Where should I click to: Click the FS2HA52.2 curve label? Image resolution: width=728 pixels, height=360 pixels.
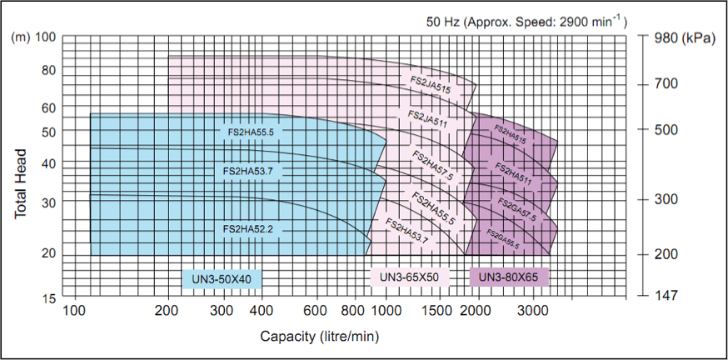pos(249,228)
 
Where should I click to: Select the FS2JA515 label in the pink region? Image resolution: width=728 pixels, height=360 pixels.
pos(431,85)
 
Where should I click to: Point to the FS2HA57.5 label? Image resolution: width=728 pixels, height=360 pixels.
pos(433,166)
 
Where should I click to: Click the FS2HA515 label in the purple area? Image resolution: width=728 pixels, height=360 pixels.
pos(511,135)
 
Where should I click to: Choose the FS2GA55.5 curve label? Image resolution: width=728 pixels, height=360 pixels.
pos(503,240)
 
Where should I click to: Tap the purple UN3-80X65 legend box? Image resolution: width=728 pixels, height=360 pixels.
pos(510,277)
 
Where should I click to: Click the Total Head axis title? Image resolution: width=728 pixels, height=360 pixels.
pos(22,184)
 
